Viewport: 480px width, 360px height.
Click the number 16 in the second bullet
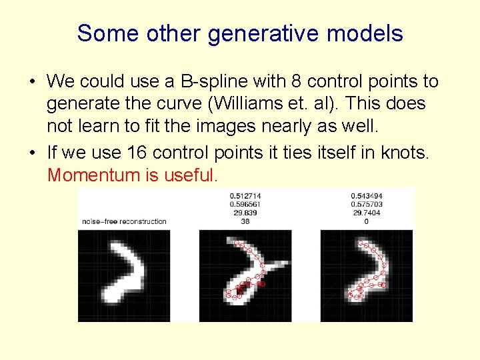coord(137,153)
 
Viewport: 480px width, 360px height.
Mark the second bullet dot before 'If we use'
coord(31,153)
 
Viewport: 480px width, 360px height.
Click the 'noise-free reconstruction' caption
coord(124,221)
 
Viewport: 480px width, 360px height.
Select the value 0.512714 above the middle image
coord(245,195)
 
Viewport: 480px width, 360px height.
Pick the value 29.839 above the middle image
coord(245,213)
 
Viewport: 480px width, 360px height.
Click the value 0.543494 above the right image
coord(367,195)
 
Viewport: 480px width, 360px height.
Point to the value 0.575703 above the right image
coord(367,204)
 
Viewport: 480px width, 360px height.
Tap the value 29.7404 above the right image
coord(367,213)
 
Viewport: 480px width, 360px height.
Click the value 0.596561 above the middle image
coord(245,204)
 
